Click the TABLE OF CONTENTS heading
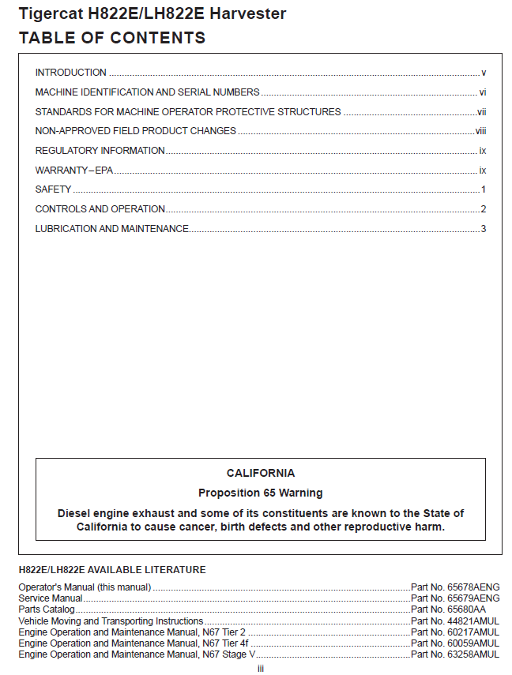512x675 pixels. [x=111, y=38]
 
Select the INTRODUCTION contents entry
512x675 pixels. [x=71, y=73]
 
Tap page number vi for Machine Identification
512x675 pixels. [x=482, y=92]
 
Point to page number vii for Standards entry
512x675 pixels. [x=481, y=112]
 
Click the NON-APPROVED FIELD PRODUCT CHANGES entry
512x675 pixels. [x=135, y=131]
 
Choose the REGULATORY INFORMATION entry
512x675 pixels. [x=100, y=151]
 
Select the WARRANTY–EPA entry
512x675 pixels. [x=74, y=171]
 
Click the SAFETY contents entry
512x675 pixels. [x=53, y=189]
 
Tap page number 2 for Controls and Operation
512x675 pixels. [x=483, y=209]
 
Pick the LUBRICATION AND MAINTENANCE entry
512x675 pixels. [x=111, y=229]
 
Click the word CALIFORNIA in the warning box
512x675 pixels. [x=261, y=474]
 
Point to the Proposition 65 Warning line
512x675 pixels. [x=261, y=493]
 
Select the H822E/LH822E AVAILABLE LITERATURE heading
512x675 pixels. [x=111, y=570]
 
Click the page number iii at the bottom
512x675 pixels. [x=261, y=669]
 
